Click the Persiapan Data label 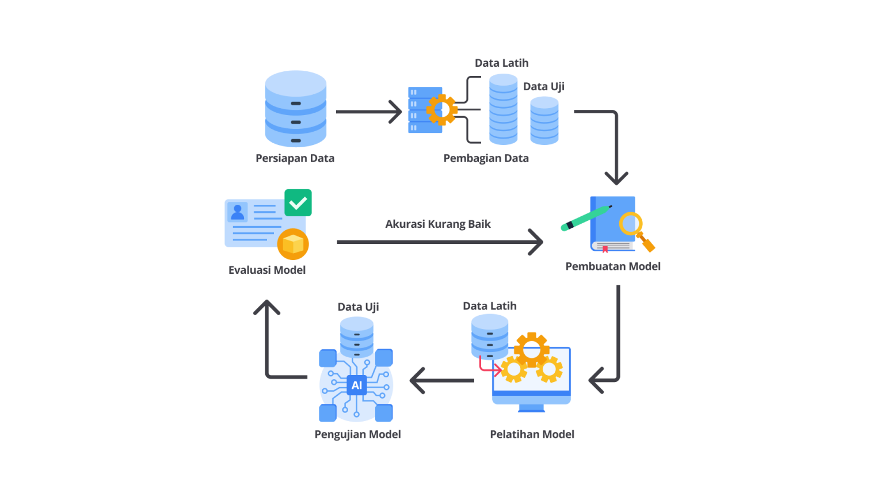click(x=295, y=158)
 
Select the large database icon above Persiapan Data click(x=295, y=109)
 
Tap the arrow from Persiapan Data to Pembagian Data click(x=368, y=112)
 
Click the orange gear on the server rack click(x=441, y=109)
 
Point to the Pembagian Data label click(x=486, y=158)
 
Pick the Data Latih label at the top click(x=501, y=63)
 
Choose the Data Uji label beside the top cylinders click(x=543, y=86)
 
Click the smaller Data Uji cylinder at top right click(x=544, y=120)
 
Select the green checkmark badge click(x=298, y=203)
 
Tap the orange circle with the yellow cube click(x=293, y=244)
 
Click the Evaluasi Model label click(x=267, y=270)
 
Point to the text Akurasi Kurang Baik click(x=437, y=224)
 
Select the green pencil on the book click(x=586, y=218)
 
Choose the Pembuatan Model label click(x=612, y=266)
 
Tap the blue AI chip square click(x=357, y=385)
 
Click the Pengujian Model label click(x=357, y=434)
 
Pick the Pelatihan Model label click(x=532, y=434)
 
